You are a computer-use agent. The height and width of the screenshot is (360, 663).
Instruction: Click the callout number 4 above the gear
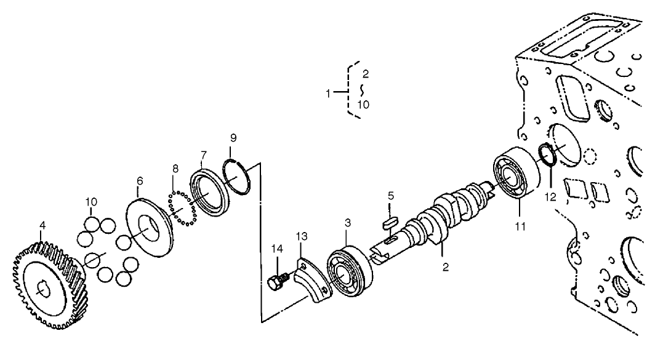point(42,226)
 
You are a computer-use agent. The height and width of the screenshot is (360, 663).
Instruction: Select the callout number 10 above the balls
point(91,201)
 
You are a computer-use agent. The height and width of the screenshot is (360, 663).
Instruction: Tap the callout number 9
point(233,137)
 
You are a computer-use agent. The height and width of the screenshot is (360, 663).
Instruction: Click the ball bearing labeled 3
point(348,271)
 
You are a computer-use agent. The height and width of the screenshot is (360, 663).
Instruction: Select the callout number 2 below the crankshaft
point(445,267)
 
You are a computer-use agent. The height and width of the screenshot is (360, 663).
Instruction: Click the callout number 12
point(549,197)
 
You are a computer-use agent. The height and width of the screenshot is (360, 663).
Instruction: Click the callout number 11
point(520,226)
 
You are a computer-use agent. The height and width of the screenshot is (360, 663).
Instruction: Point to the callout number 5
point(390,196)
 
